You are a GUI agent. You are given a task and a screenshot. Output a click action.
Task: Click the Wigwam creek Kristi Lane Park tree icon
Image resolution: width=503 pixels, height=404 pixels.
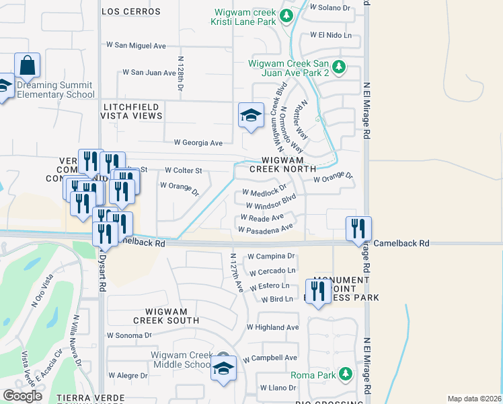(287, 15)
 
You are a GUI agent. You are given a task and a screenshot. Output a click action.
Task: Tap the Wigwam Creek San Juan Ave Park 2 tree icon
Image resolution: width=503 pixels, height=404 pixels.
(340, 66)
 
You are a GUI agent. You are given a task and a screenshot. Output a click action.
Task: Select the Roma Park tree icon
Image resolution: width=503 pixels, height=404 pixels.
(345, 373)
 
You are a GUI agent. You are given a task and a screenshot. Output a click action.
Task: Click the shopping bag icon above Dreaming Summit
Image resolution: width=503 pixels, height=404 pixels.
(27, 65)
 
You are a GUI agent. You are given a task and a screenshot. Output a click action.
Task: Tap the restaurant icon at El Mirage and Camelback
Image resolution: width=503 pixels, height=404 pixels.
(358, 228)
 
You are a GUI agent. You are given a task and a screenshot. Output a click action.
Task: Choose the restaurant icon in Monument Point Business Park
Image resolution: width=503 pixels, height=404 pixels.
(317, 292)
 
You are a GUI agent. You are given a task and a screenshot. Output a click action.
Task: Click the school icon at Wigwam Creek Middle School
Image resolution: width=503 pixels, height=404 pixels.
(223, 368)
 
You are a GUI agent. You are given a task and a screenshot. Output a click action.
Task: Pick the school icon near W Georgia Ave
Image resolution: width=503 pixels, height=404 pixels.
(251, 115)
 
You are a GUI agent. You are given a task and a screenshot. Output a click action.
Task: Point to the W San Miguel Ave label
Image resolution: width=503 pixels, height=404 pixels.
(136, 46)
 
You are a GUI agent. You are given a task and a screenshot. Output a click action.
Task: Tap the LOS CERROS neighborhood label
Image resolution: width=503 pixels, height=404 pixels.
(131, 11)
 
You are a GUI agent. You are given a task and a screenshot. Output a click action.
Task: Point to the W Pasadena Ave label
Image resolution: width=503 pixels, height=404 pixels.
(265, 229)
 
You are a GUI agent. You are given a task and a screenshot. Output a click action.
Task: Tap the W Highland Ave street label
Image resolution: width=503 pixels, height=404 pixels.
(272, 327)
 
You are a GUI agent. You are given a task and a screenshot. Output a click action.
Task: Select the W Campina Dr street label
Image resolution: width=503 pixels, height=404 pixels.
(271, 257)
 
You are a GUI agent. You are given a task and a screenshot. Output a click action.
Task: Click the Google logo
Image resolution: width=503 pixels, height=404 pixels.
(22, 396)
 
